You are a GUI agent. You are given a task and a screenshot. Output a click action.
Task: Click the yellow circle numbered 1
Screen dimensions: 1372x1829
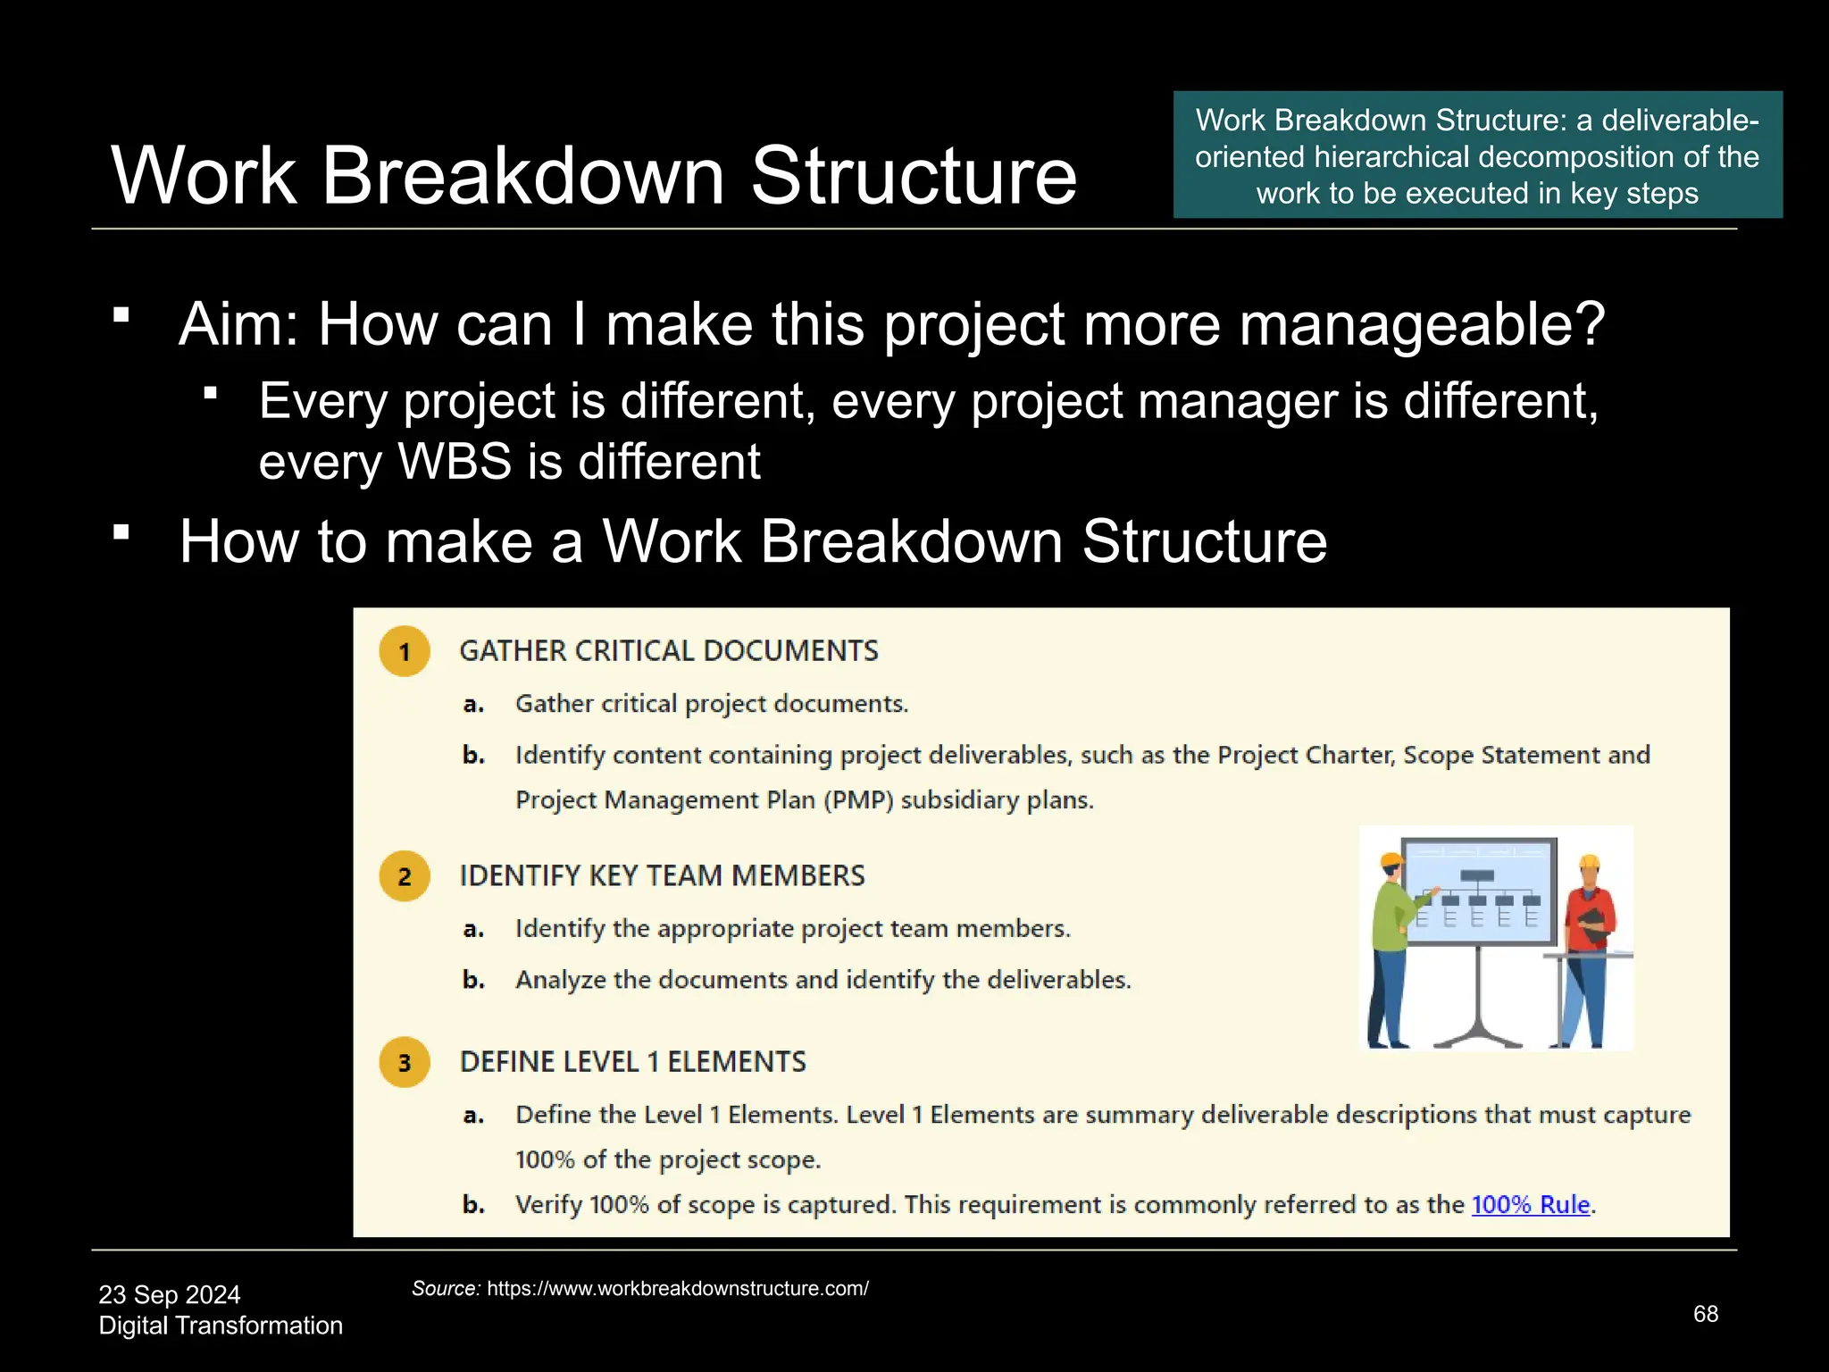405,651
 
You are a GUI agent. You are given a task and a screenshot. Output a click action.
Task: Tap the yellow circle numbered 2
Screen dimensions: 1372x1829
405,876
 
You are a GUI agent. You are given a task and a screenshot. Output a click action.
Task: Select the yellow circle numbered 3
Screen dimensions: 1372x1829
405,1062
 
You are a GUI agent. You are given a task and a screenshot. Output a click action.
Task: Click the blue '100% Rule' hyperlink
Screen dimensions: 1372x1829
1530,1204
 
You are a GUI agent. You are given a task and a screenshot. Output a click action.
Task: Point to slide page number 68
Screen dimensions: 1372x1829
1705,1314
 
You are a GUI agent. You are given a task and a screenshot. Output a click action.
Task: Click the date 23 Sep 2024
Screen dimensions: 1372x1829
170,1294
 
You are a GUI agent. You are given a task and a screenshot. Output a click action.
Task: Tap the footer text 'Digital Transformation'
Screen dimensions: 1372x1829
221,1326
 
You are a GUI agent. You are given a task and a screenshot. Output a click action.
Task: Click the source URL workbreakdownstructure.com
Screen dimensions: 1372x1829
677,1289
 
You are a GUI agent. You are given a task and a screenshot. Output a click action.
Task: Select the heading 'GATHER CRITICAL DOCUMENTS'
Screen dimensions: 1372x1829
669,651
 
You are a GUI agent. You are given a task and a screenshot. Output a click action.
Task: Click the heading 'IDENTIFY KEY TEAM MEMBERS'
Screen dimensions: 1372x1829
662,876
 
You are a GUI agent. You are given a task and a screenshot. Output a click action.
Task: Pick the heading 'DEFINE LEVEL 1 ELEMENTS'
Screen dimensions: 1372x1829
632,1062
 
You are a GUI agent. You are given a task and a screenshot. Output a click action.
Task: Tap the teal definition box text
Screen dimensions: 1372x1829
1477,156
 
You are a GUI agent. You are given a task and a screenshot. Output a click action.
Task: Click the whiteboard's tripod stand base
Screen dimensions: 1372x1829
1478,1036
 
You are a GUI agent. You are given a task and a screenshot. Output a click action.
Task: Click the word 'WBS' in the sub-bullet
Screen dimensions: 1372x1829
455,462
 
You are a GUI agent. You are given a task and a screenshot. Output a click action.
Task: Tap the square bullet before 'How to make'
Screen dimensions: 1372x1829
122,533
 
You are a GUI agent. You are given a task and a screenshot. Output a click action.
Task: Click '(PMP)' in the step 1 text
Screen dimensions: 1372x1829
857,800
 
